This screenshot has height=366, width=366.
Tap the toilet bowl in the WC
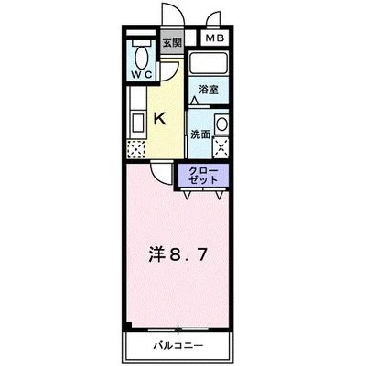[x=141, y=50]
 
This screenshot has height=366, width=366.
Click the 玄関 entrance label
[x=172, y=41]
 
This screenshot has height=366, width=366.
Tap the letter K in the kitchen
[x=158, y=117]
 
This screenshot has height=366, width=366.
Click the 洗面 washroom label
[x=200, y=134]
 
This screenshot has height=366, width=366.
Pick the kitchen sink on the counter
[x=135, y=122]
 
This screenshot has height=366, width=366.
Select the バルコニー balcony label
[x=178, y=346]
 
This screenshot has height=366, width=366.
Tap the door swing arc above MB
[x=214, y=19]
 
